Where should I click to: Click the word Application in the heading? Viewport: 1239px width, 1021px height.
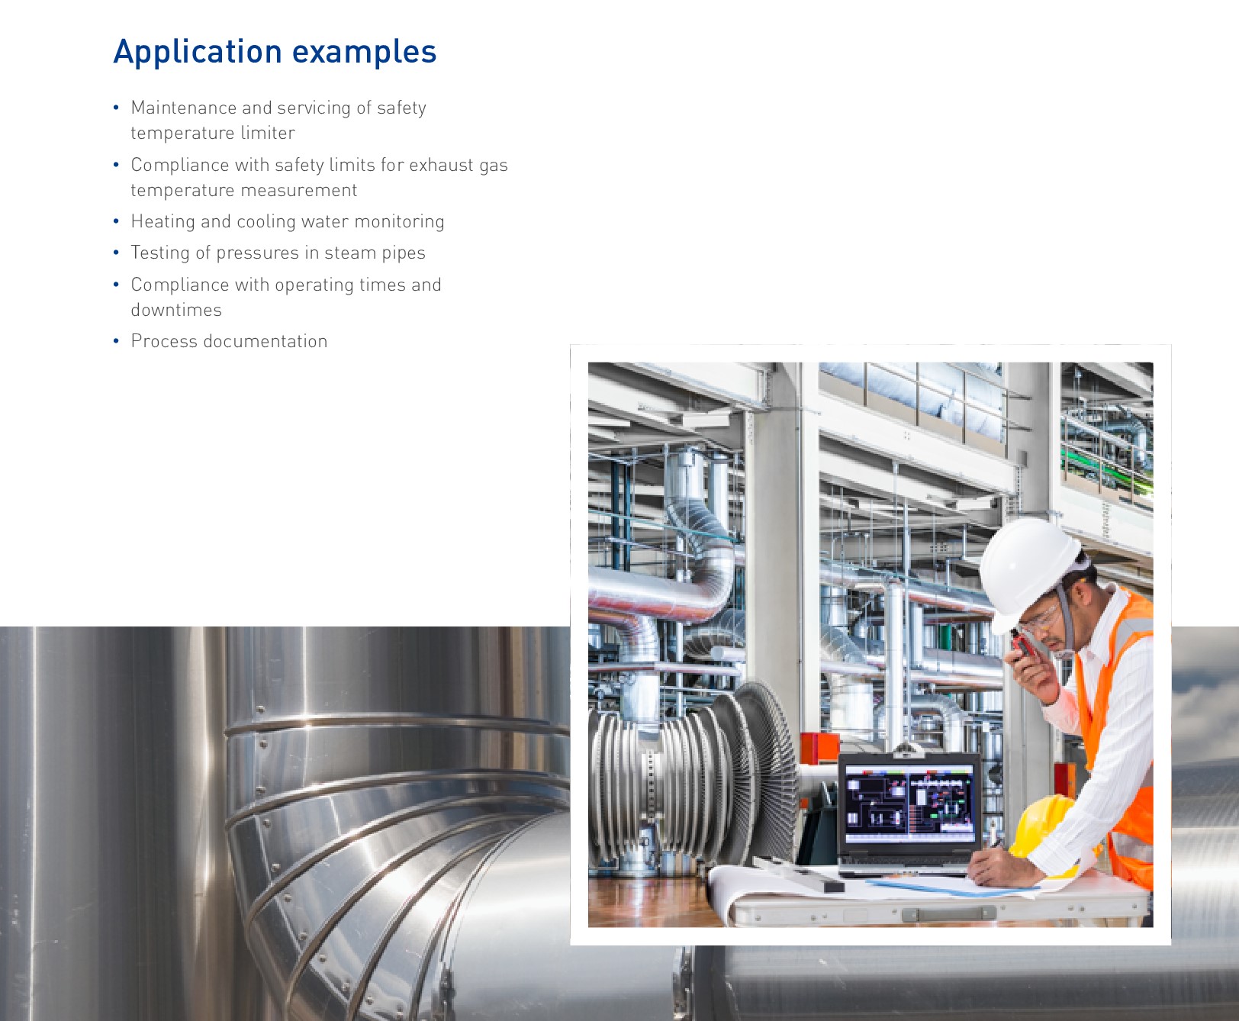(198, 53)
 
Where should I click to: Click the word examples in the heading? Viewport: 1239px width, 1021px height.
(364, 52)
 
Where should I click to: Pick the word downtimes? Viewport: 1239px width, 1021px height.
(176, 310)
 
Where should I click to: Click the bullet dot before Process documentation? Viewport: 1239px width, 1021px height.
(116, 341)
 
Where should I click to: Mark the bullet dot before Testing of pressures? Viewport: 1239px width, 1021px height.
(116, 253)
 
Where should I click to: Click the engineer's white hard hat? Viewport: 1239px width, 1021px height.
(1030, 568)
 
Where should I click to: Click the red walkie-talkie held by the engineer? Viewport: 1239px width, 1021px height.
(1023, 646)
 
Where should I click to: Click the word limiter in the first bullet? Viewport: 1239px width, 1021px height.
(267, 133)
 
